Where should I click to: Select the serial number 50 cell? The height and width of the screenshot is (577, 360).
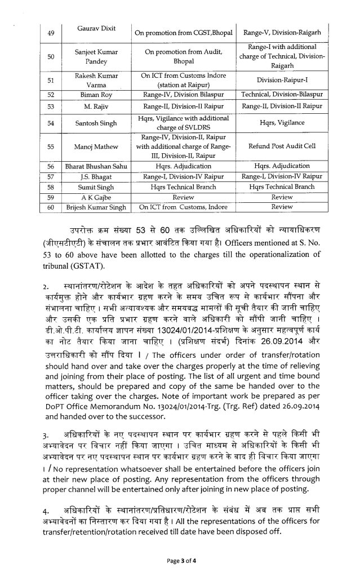(50, 56)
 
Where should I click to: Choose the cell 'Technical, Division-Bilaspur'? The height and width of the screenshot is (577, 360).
(282, 94)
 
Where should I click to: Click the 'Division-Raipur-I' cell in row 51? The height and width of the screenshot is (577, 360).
(282, 80)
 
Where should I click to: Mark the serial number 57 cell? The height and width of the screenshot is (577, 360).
(50, 176)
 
